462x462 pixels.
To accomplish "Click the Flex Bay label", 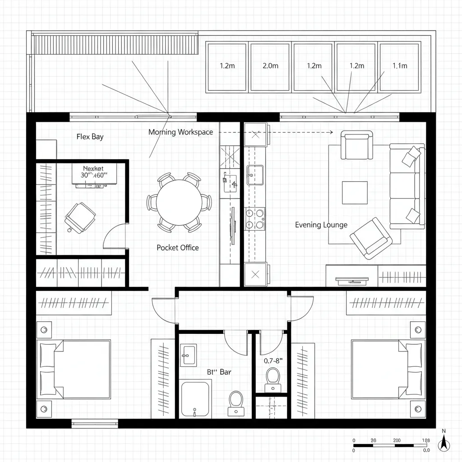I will point(90,137).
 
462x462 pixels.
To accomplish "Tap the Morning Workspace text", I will point(180,132).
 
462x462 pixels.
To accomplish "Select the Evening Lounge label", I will point(321,225).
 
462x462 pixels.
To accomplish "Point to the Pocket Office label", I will point(178,248).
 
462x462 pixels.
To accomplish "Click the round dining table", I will point(179,202).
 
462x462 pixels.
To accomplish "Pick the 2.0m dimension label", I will point(270,66).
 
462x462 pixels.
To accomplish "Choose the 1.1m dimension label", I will point(400,66).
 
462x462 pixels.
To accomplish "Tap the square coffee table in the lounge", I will point(354,193).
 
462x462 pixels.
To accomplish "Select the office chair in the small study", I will point(80,217).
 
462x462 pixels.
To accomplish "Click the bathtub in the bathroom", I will point(195,399).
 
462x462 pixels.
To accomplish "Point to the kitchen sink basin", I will point(255,175).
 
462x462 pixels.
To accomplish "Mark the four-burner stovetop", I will point(255,219).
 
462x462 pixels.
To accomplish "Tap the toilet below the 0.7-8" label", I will point(273,378).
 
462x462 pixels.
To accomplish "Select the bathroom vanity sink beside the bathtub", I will point(188,355).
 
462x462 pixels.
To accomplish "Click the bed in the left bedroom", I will point(75,370).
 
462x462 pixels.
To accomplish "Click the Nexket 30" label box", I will point(94,173).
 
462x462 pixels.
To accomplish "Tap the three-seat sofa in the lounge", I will point(407,186).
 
